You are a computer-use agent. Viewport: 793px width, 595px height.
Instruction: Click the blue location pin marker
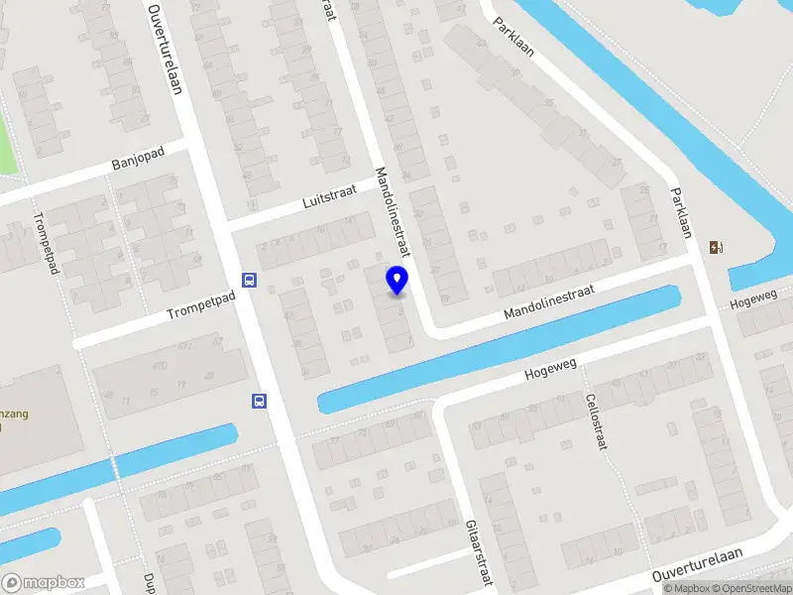pyautogui.click(x=396, y=281)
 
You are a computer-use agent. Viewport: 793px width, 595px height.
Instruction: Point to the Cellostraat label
pyautogui.click(x=595, y=421)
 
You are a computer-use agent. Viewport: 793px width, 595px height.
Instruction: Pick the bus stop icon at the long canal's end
pyautogui.click(x=259, y=402)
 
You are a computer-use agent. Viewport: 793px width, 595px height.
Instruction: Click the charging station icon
pyautogui.click(x=716, y=248)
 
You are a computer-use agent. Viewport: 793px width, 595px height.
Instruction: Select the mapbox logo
pyautogui.click(x=43, y=583)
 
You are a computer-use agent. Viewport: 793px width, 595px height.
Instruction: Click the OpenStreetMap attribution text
pyautogui.click(x=750, y=588)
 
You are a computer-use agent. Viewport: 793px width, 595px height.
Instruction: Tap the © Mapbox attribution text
pyautogui.click(x=686, y=588)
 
